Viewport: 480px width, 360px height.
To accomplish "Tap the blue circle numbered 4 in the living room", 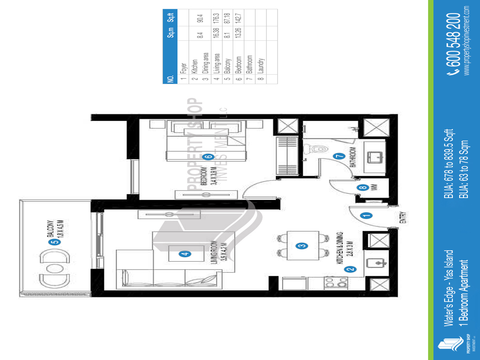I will (x=184, y=253).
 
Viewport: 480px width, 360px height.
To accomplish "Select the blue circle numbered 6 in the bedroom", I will (x=207, y=156).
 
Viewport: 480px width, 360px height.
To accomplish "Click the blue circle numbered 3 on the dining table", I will (x=302, y=246).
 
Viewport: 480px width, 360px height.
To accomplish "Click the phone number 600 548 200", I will (x=455, y=44).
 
